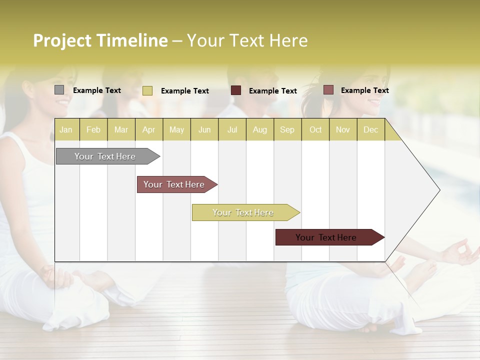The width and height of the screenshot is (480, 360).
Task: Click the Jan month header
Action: [x=66, y=130]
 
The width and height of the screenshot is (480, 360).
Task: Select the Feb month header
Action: [x=93, y=130]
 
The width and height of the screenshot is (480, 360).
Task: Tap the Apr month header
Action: [x=148, y=130]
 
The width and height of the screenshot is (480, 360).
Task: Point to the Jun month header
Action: [x=204, y=130]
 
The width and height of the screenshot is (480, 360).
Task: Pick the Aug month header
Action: [x=259, y=130]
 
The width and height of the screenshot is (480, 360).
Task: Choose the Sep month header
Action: [x=287, y=130]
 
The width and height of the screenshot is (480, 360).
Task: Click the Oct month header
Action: [x=315, y=130]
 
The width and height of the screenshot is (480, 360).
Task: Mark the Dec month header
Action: [x=370, y=130]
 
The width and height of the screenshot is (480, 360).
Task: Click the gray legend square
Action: [x=59, y=90]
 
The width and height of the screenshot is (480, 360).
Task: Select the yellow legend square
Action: [x=147, y=90]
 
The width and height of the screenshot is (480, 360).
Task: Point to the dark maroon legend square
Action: [x=236, y=90]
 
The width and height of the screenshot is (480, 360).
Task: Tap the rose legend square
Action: [x=328, y=90]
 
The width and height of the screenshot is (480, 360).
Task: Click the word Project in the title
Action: [x=62, y=40]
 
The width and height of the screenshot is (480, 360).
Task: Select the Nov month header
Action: [x=342, y=130]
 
